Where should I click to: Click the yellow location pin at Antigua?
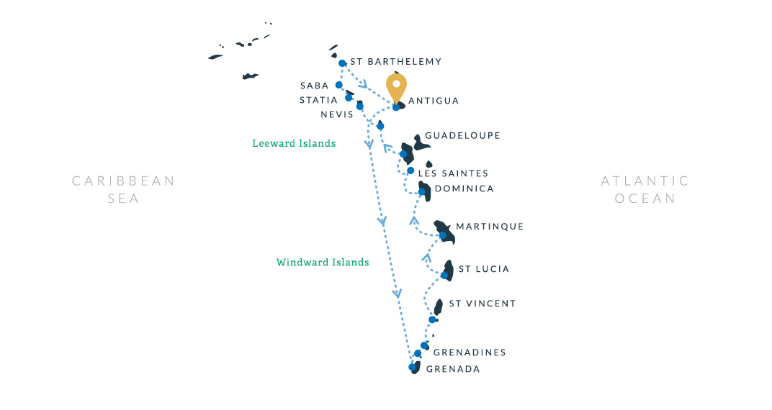(x=396, y=86)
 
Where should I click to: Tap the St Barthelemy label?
(x=395, y=62)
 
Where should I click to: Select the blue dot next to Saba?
(x=338, y=85)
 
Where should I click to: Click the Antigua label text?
(x=434, y=101)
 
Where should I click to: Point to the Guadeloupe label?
(x=462, y=135)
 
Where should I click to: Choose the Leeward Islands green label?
(x=294, y=144)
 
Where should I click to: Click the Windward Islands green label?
(x=323, y=263)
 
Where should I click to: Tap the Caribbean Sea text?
(x=123, y=189)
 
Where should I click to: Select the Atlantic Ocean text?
(x=645, y=189)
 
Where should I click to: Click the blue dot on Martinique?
(x=443, y=236)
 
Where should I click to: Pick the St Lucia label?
(x=484, y=269)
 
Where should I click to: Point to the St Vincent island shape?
(x=438, y=307)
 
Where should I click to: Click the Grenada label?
(x=453, y=369)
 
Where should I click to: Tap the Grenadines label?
(x=470, y=352)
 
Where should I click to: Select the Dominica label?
(x=464, y=188)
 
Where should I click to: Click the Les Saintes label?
(x=453, y=173)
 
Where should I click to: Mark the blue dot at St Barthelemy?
(x=342, y=63)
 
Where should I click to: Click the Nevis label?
(x=337, y=114)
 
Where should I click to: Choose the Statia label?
(x=318, y=100)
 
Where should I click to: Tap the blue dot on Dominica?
(x=422, y=192)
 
